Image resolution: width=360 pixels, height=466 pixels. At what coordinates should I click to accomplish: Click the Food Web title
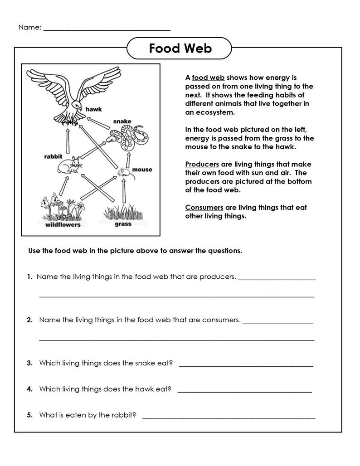click(x=180, y=48)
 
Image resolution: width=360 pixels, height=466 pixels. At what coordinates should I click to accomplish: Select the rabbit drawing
click(x=69, y=166)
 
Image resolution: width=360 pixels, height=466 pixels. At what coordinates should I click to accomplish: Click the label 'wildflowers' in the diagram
click(x=63, y=224)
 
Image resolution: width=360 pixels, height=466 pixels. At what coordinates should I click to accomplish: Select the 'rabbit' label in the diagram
click(x=53, y=156)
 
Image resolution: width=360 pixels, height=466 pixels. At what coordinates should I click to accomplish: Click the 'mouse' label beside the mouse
click(x=142, y=170)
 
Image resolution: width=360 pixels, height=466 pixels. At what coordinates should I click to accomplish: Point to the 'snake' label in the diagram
click(x=122, y=121)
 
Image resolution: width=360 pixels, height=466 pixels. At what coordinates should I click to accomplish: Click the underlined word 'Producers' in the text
click(x=202, y=164)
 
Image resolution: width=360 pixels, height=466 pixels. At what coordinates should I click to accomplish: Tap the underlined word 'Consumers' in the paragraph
click(x=204, y=207)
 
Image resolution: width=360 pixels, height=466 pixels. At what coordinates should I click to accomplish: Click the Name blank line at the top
click(x=107, y=28)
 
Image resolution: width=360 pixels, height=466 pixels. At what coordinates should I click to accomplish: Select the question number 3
click(x=29, y=363)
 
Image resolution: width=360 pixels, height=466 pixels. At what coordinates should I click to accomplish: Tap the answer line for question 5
click(x=229, y=415)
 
